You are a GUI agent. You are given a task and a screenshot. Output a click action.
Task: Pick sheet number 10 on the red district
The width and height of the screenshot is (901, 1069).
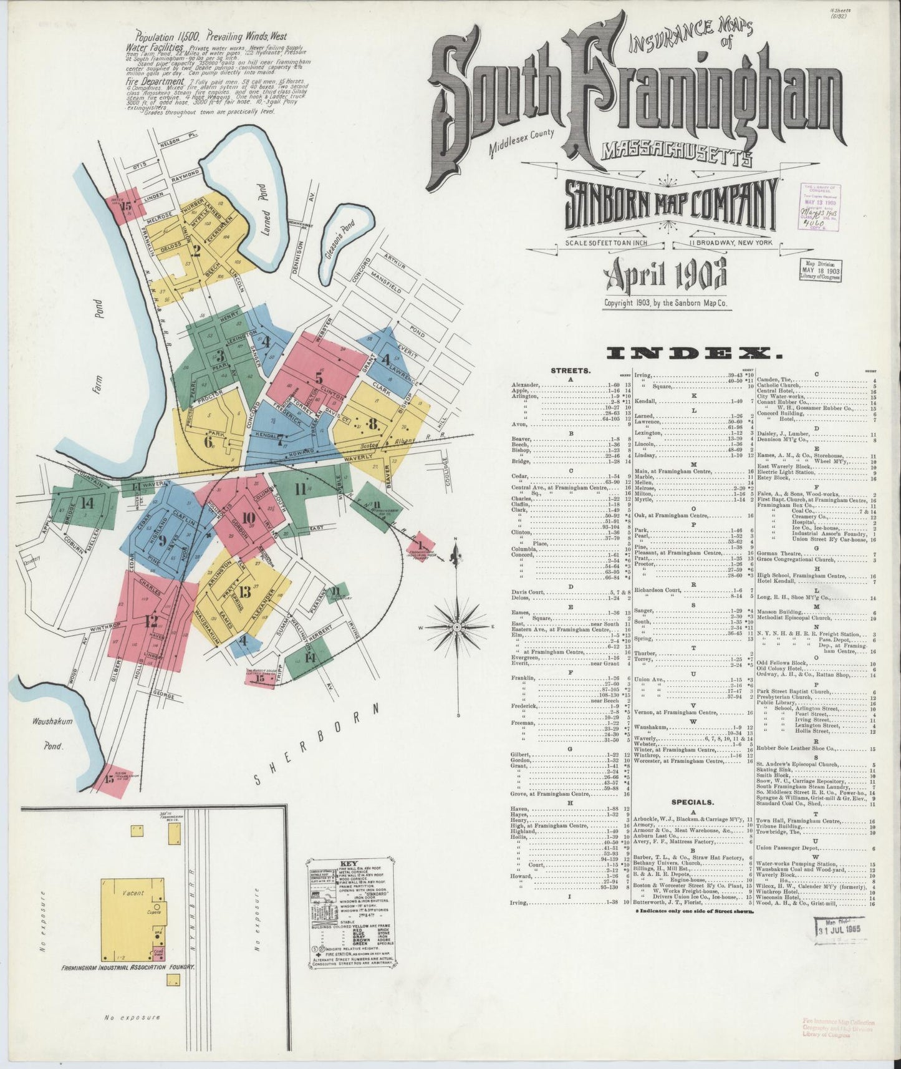tap(249, 516)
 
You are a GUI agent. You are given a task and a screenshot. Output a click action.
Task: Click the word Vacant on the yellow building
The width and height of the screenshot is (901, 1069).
tap(133, 892)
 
